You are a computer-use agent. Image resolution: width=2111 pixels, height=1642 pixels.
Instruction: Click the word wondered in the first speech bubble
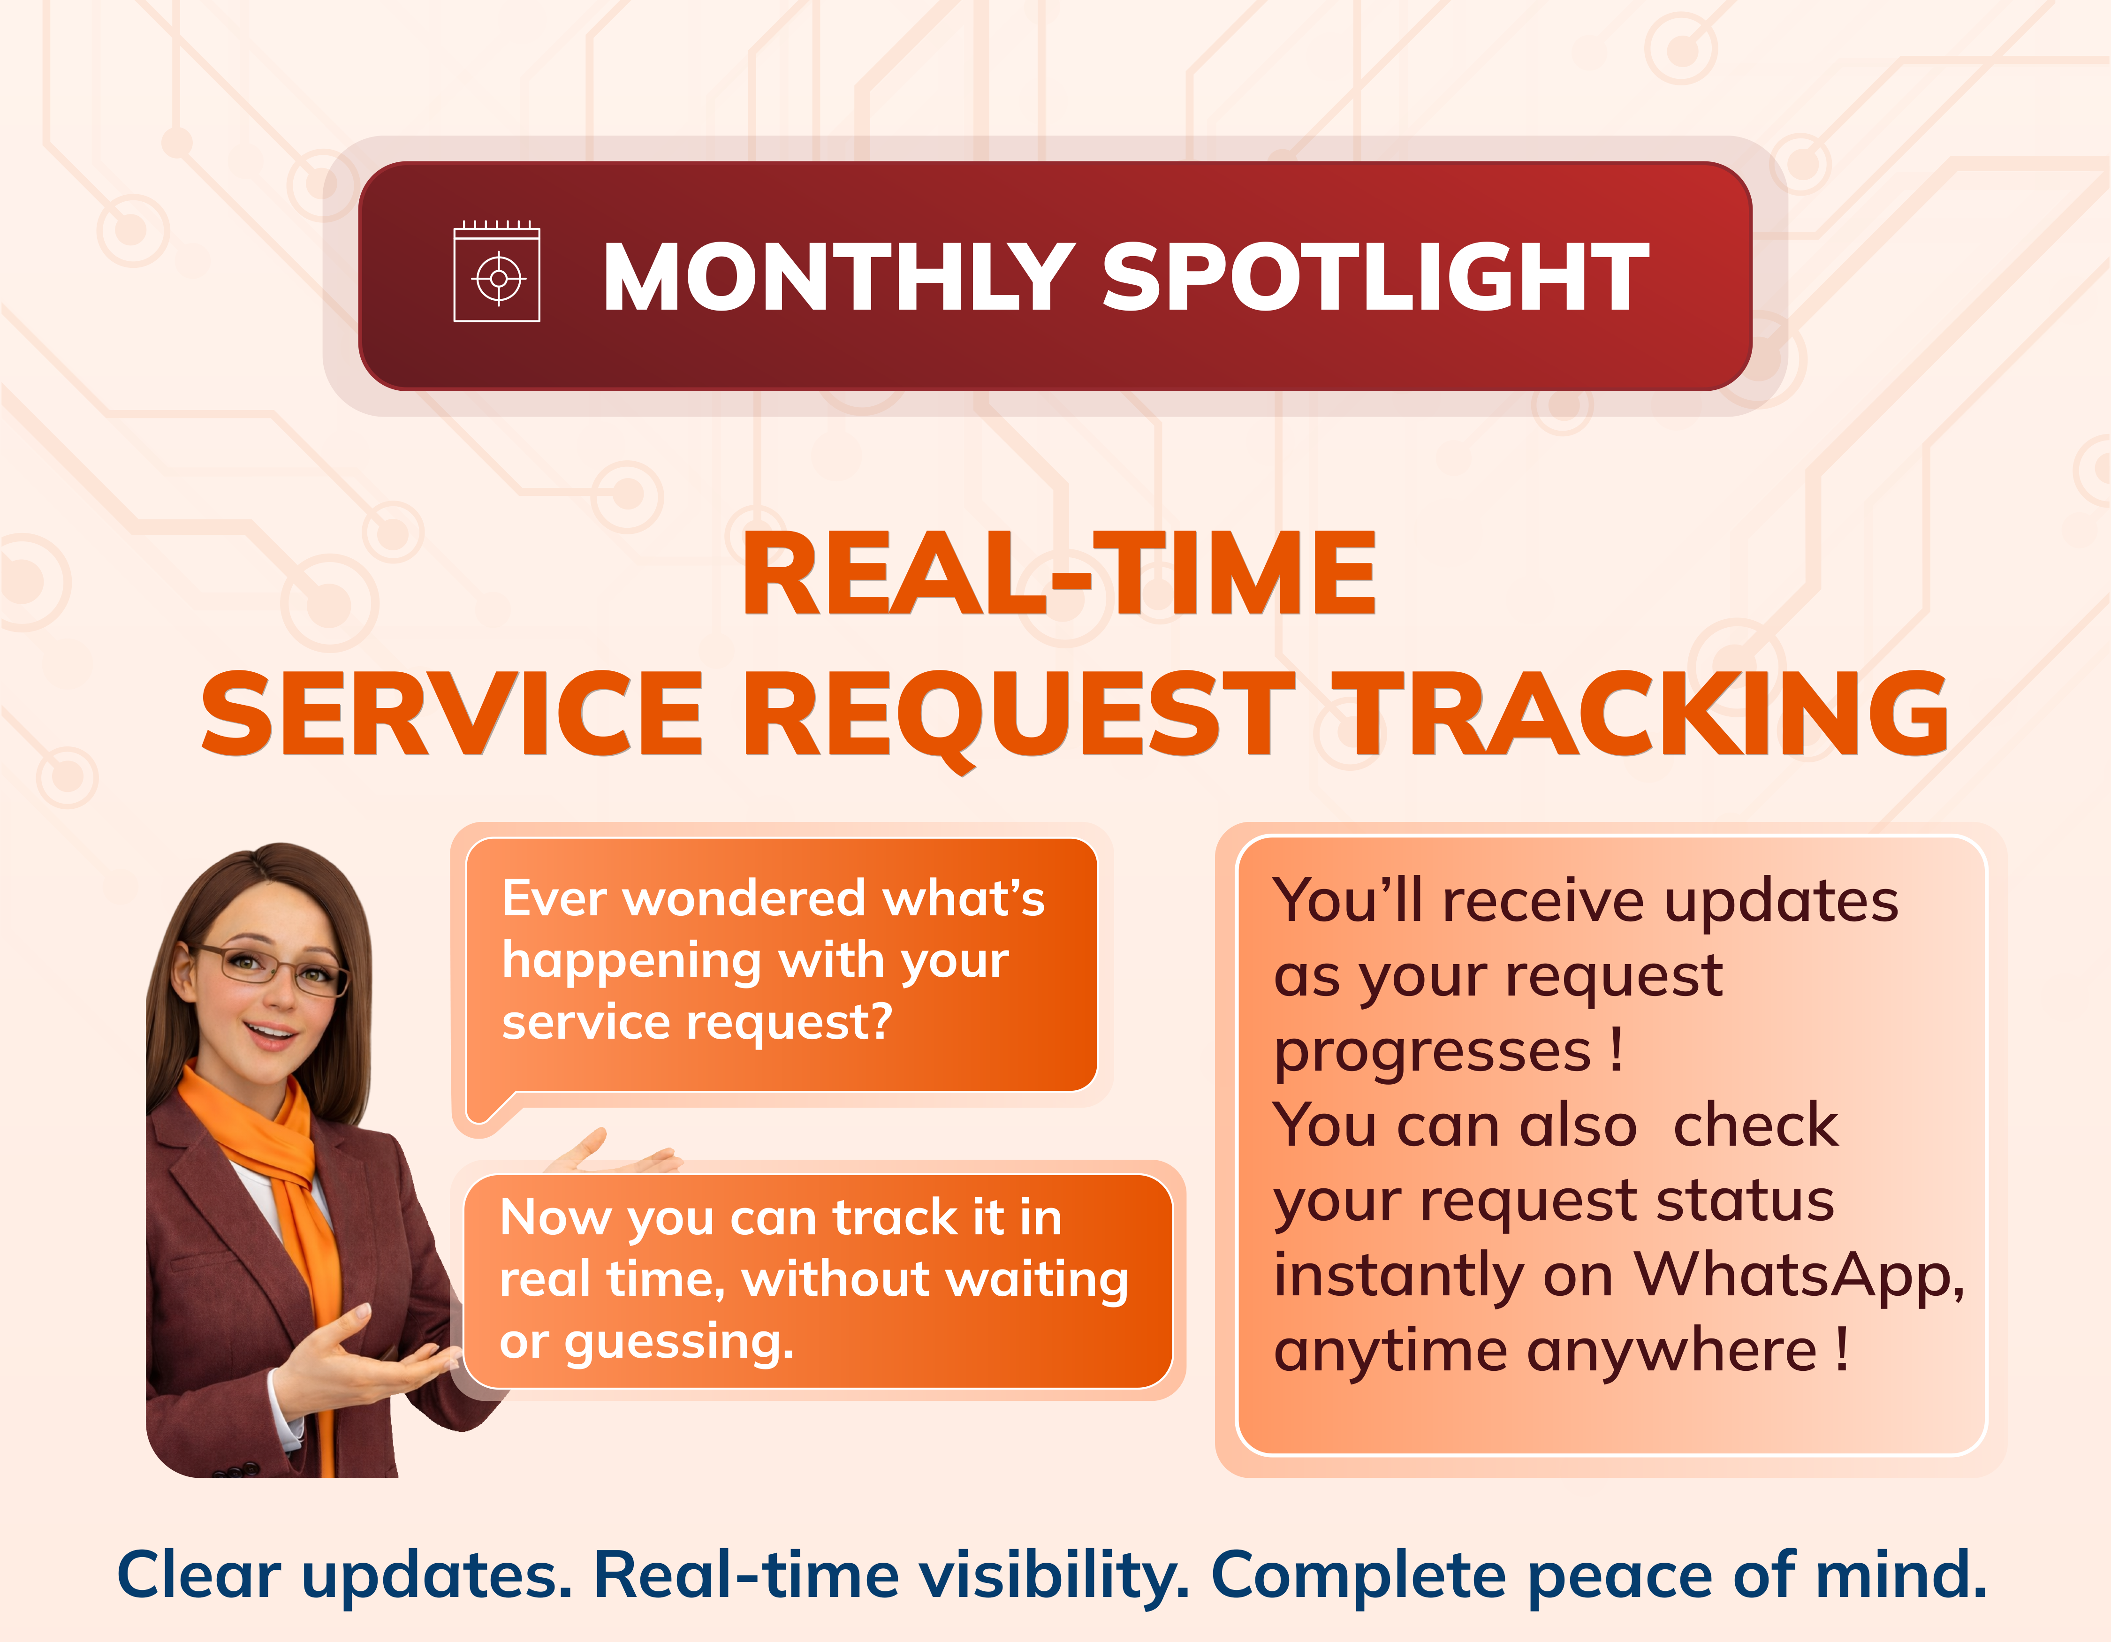[744, 899]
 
